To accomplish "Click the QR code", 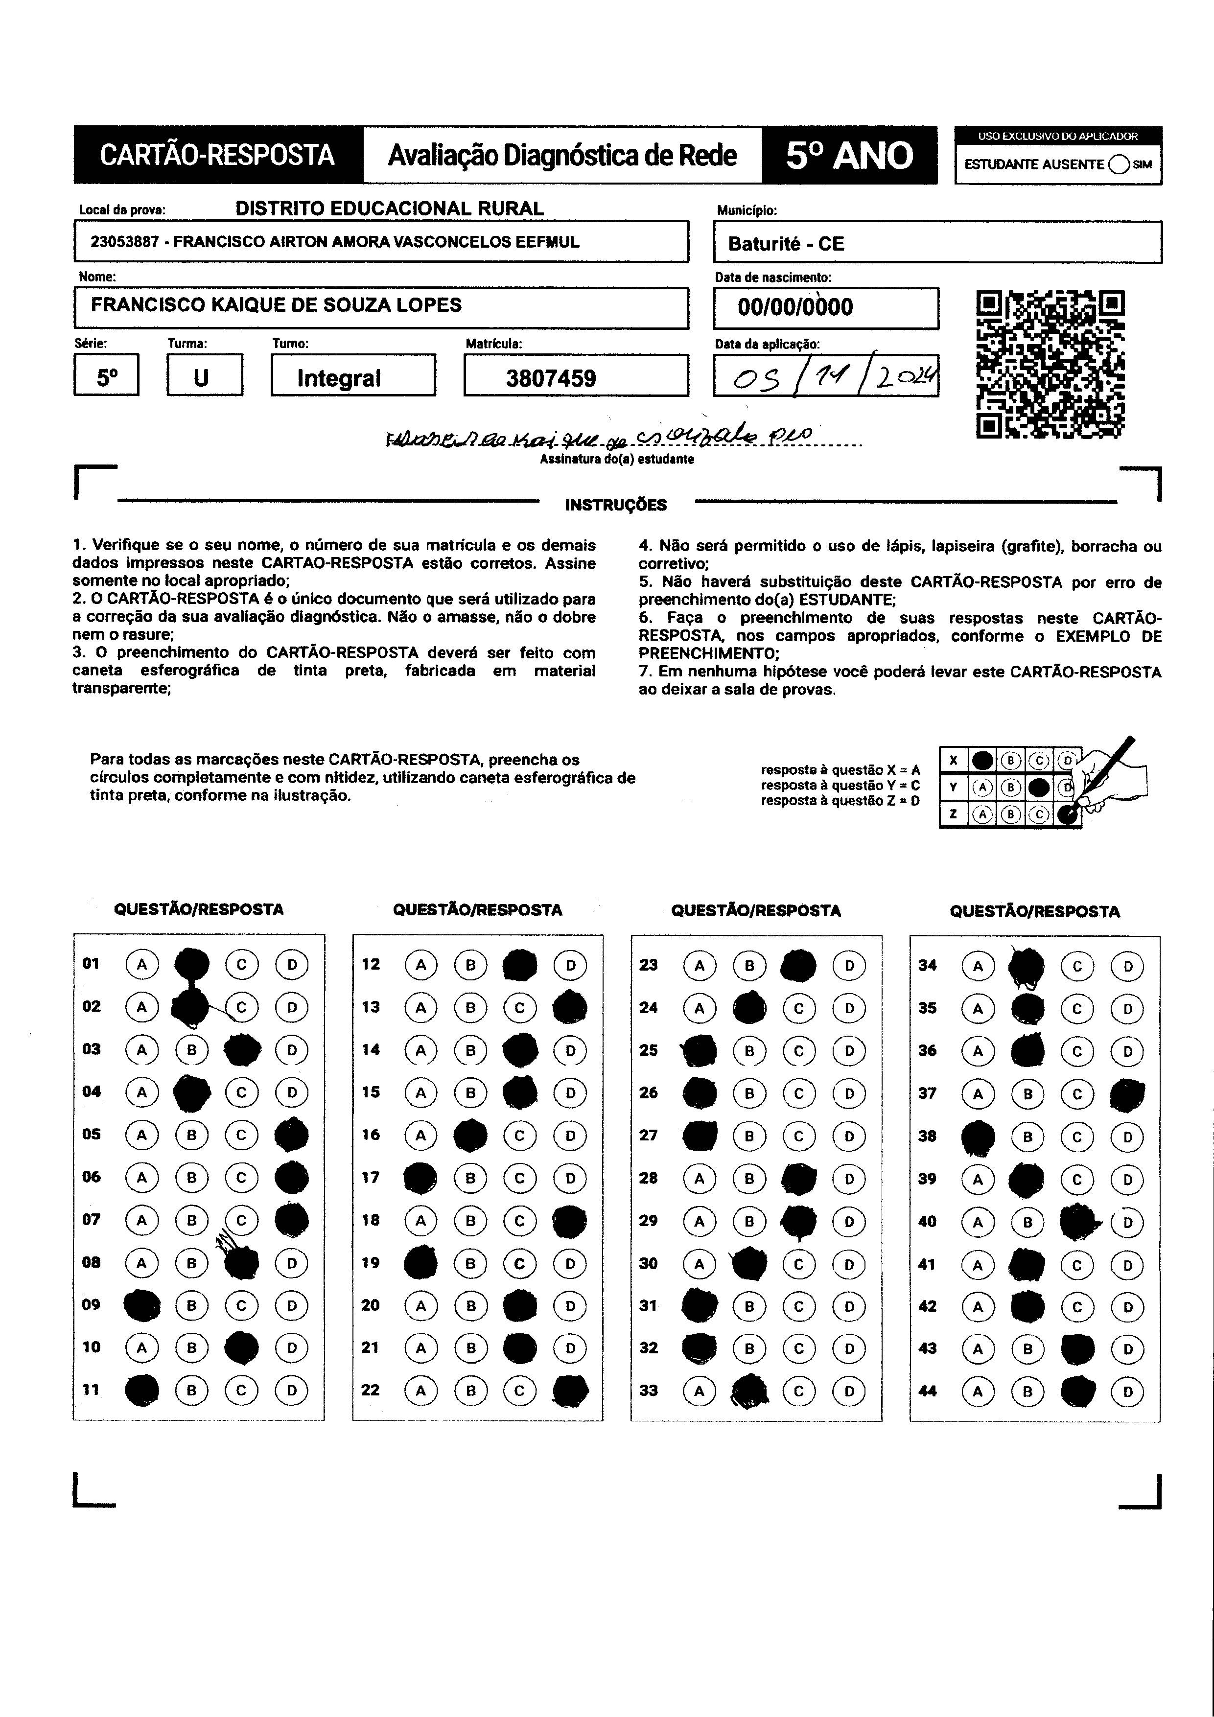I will point(1050,364).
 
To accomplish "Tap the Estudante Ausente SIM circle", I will point(1119,164).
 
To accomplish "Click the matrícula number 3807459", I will point(551,378).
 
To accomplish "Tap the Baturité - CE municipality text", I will point(785,244).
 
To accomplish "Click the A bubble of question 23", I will point(700,965).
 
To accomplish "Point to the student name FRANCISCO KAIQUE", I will point(276,305).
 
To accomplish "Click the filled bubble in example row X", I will point(983,761).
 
